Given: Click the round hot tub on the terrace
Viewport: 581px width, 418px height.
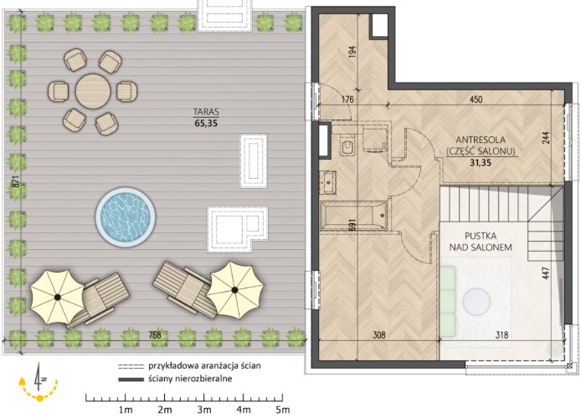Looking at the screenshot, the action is coord(126,216).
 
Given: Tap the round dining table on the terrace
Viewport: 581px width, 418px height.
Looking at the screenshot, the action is coord(93,91).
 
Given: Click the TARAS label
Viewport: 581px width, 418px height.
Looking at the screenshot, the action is coord(206,112).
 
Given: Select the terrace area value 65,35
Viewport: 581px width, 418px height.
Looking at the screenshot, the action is coord(206,124).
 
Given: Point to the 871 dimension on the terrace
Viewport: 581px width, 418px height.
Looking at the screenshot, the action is coord(15,181).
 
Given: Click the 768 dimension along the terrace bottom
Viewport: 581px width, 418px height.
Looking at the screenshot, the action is coord(155,335).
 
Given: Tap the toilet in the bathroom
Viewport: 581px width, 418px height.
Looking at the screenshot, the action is coord(347,146).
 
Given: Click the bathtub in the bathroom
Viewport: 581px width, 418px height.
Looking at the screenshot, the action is coord(354,216).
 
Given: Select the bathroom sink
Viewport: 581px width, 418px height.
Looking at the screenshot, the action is coord(329,182).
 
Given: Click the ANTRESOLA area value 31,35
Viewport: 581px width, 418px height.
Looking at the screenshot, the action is coord(481,162).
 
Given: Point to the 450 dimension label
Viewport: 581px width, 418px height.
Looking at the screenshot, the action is coord(476,99).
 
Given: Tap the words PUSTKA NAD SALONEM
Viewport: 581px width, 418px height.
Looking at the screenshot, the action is coord(481,242).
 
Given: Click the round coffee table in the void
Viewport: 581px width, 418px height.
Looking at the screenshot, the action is coord(476,302).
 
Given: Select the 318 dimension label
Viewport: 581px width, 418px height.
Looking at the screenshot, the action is coord(501,335).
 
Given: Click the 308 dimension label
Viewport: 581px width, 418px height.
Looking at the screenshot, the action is coord(378,335).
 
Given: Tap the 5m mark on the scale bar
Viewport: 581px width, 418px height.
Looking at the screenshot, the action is coord(283,410).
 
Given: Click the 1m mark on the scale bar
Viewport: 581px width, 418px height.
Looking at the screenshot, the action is coord(126,410).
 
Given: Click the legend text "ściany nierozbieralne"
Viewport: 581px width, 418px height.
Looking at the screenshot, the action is coord(190,379).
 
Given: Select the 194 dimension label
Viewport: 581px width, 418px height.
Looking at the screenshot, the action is coord(352,51).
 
